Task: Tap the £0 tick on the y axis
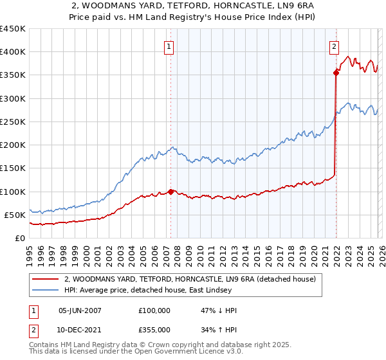point(19,239)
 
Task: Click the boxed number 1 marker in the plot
point(169,46)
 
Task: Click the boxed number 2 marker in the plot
point(335,46)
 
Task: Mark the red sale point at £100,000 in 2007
point(170,191)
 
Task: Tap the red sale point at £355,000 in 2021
point(336,73)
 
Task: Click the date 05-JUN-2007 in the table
point(80,310)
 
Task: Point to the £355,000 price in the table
point(154,330)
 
